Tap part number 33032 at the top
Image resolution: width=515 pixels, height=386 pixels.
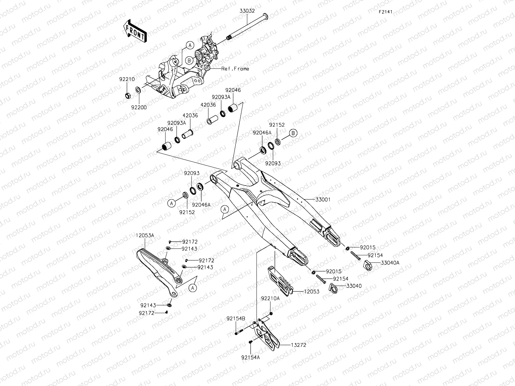(x=247, y=11)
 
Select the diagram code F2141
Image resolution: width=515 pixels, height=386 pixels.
(x=386, y=12)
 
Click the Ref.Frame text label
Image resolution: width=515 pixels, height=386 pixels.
(x=235, y=69)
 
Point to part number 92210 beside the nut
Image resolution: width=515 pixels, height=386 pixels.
(x=127, y=79)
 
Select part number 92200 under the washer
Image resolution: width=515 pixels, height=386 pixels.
(x=139, y=107)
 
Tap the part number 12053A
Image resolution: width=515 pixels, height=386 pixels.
(x=145, y=235)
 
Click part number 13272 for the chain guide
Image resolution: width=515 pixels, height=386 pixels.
(x=298, y=345)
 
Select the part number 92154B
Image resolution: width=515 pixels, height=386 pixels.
(x=236, y=319)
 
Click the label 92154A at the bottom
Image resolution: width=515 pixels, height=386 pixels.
(x=250, y=357)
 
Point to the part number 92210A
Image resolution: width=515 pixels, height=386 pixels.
(x=270, y=298)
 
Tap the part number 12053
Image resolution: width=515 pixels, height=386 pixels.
(x=312, y=292)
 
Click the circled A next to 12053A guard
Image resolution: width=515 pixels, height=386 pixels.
(x=193, y=288)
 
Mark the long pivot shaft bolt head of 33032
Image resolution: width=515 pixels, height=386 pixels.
(x=266, y=16)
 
